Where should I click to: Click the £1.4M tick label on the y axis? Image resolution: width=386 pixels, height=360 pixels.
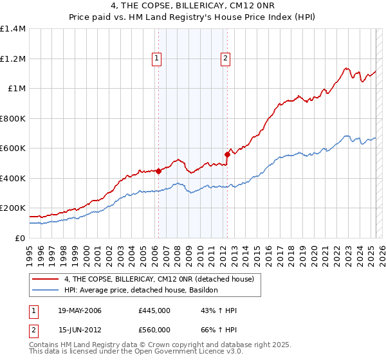click(13, 29)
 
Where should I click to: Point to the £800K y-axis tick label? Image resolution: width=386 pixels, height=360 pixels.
click(13, 118)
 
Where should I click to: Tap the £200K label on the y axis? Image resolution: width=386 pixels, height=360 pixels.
click(13, 208)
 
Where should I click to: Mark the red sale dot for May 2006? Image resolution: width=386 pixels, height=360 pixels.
click(158, 171)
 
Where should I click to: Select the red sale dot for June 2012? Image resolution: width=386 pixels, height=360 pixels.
click(226, 154)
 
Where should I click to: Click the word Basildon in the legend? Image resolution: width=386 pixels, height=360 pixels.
click(203, 291)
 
